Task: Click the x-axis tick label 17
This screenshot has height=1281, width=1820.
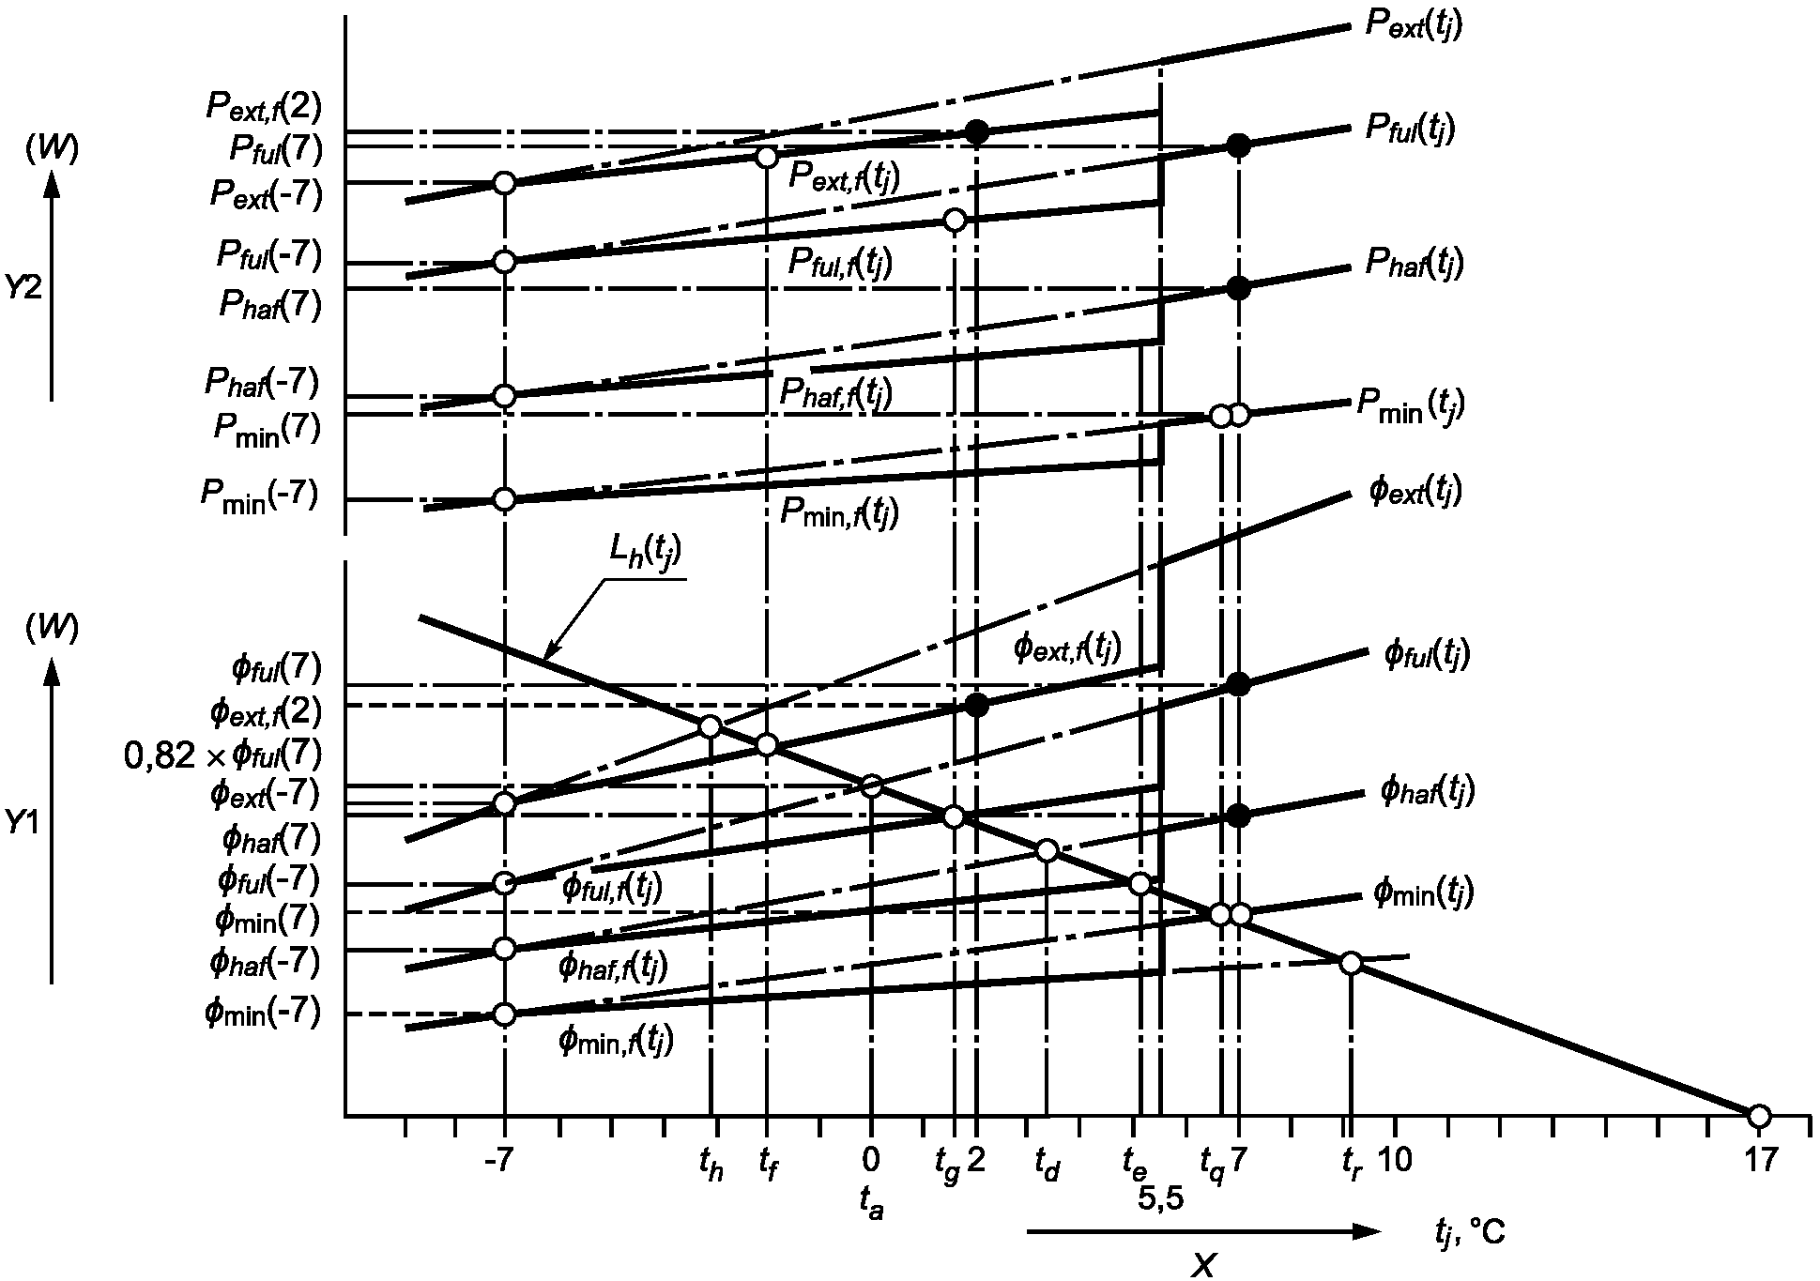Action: (1759, 1162)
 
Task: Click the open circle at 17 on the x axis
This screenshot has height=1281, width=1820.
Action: (1759, 1117)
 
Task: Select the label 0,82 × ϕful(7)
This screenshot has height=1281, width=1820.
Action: (223, 754)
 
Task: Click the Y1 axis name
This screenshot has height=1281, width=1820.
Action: (23, 823)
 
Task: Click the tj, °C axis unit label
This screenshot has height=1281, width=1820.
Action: (1470, 1230)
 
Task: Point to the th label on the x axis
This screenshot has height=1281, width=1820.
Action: (711, 1166)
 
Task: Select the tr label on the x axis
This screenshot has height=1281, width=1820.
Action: (1351, 1166)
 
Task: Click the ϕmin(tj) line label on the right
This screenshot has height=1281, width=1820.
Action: (1423, 892)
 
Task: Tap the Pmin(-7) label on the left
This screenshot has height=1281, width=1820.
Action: (259, 494)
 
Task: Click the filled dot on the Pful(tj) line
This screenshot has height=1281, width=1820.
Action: (1239, 145)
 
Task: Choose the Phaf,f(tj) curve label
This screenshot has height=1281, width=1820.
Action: (835, 391)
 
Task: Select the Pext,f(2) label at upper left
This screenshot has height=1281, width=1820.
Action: (264, 106)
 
